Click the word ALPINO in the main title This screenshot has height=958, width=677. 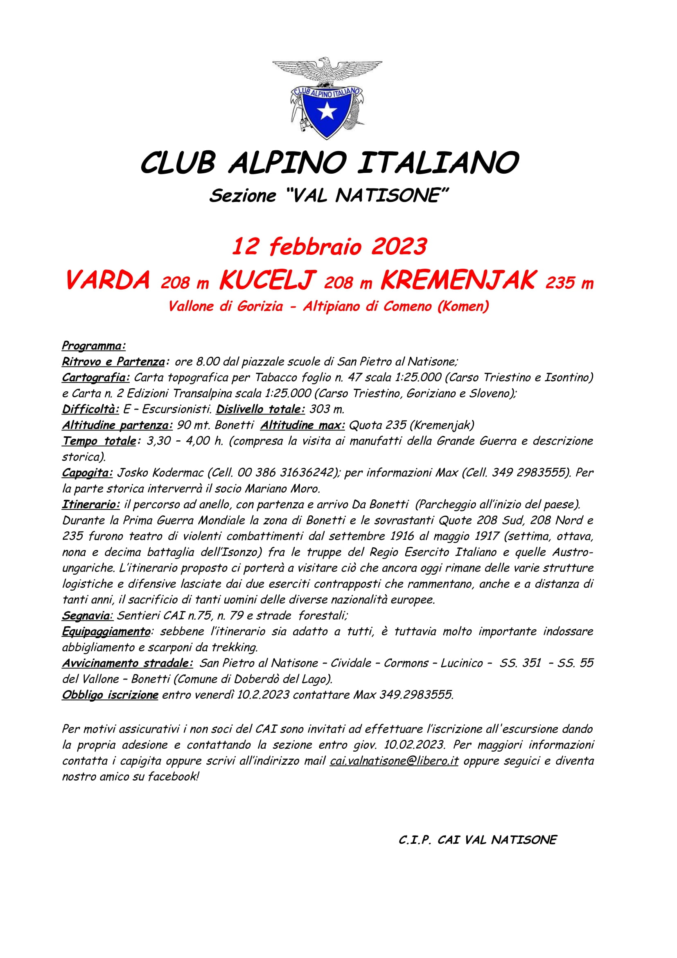coord(287,163)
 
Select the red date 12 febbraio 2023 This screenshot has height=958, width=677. coord(329,246)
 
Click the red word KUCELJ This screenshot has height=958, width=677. coord(267,280)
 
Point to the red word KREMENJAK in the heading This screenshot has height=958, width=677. coord(457,280)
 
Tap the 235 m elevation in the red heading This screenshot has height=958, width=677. coord(569,283)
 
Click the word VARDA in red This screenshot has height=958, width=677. coord(108,280)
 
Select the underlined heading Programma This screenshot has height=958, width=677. coord(93,346)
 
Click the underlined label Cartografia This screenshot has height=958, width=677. coord(95,378)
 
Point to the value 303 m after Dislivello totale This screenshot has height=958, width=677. coord(327,409)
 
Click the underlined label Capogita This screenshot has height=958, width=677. coord(87,473)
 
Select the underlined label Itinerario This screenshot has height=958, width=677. coord(90,505)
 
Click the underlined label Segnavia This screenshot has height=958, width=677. coord(87,616)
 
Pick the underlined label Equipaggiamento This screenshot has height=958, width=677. coord(106,632)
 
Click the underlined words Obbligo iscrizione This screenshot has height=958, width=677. coord(110,695)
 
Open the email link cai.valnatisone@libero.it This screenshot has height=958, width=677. coord(394,761)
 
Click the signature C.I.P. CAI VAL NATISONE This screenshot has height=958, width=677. coord(477,840)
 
